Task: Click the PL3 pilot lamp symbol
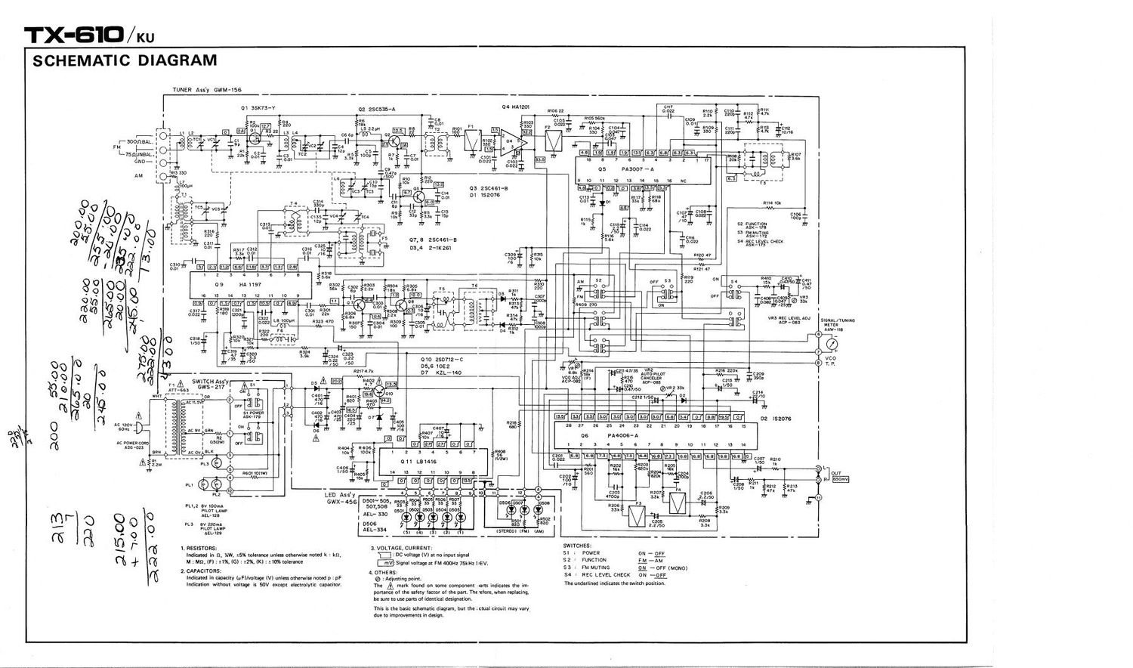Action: tap(219, 484)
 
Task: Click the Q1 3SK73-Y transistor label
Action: tap(259, 108)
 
